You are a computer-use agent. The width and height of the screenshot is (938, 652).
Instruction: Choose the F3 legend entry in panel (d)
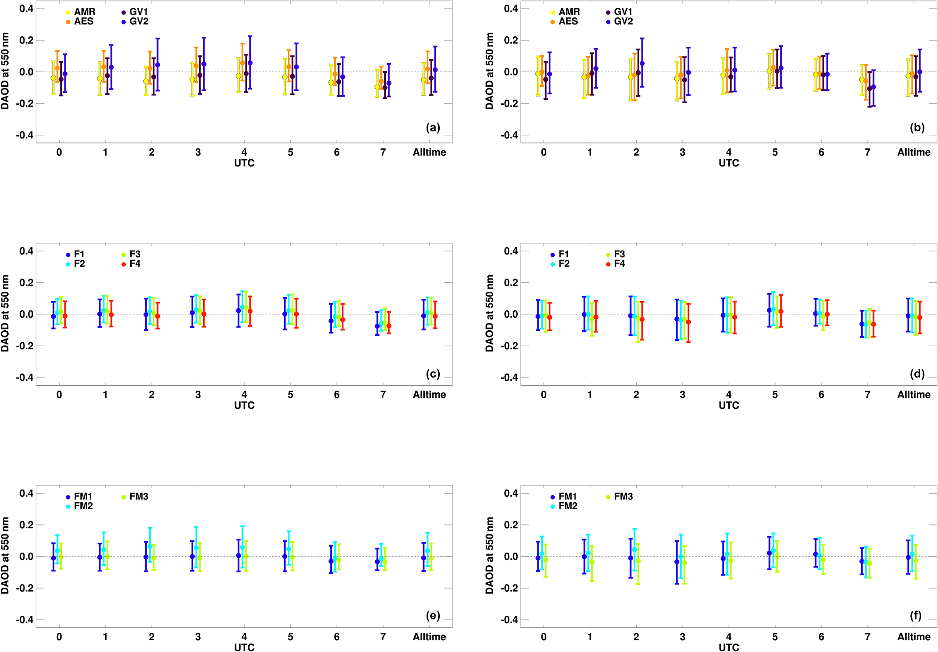point(619,254)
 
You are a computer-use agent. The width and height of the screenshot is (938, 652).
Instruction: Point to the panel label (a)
point(433,127)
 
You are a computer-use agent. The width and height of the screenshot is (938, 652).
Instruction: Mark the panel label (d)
point(917,373)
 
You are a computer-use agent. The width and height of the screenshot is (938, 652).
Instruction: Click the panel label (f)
point(917,615)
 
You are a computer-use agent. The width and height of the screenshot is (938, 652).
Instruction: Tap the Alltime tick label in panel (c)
point(429,395)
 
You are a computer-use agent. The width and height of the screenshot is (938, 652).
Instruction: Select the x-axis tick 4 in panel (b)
point(729,152)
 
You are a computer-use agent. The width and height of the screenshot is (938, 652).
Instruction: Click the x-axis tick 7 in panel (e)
point(383,637)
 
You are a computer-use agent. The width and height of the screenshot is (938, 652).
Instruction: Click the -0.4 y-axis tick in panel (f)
point(509,620)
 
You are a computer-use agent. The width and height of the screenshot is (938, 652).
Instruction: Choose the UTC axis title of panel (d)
point(729,405)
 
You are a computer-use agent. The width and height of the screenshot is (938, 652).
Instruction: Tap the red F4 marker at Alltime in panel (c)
point(435,316)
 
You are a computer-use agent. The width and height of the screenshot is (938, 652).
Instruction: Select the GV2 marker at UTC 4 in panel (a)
point(250,63)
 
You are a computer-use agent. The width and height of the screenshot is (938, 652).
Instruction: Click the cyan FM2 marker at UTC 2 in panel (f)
point(634,549)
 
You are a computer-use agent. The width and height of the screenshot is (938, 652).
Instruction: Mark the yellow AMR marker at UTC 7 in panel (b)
point(862,79)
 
